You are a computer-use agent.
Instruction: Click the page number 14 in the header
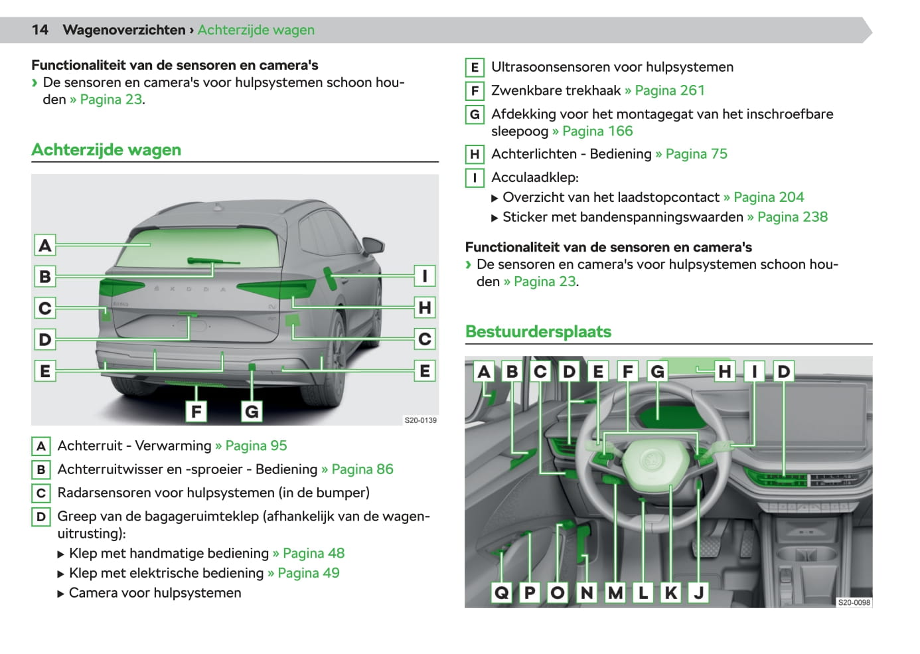tap(40, 30)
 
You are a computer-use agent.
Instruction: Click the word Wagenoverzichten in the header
tap(123, 30)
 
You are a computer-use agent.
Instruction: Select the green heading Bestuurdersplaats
tap(538, 331)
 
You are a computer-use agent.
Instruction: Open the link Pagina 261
tap(669, 90)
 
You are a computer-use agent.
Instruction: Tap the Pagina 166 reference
tap(597, 131)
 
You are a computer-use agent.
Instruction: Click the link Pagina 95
tap(256, 446)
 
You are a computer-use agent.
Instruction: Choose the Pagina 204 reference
tap(768, 197)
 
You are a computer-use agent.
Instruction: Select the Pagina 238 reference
tap(792, 217)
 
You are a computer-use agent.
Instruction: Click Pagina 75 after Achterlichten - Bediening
tap(696, 154)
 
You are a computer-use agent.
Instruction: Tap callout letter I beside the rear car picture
tap(424, 276)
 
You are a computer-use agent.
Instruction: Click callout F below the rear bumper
tap(196, 412)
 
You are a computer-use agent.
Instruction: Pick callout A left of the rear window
tap(45, 245)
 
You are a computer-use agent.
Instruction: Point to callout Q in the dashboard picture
tap(502, 592)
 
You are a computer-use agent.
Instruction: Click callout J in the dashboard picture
tap(698, 592)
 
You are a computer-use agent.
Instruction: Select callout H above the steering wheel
tap(725, 371)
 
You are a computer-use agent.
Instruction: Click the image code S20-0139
tap(420, 420)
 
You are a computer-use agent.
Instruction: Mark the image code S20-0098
tap(854, 602)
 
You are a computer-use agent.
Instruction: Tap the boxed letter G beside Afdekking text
tap(475, 114)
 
